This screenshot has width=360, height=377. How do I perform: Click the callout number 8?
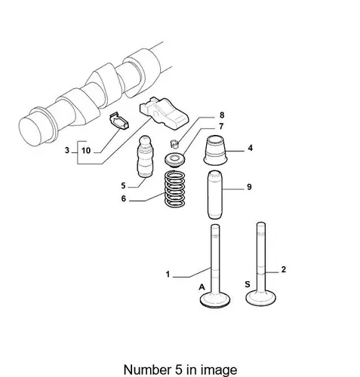click(x=221, y=115)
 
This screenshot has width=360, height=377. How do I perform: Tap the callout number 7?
click(x=221, y=127)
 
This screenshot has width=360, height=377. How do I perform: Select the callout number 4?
click(x=250, y=148)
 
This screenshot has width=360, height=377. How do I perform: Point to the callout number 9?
click(x=249, y=187)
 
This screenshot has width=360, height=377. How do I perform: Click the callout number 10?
click(x=86, y=151)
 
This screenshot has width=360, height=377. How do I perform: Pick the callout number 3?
click(x=67, y=150)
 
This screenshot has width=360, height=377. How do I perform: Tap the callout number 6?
click(x=123, y=199)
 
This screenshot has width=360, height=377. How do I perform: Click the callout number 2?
click(x=284, y=270)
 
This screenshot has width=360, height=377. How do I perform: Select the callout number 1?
click(x=168, y=274)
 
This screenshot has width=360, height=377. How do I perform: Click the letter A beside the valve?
click(x=202, y=287)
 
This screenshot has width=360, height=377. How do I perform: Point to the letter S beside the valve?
click(x=248, y=284)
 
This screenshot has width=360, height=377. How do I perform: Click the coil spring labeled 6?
click(x=174, y=188)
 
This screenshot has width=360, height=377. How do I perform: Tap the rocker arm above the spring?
click(x=164, y=114)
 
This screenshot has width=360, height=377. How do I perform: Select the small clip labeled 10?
click(x=119, y=121)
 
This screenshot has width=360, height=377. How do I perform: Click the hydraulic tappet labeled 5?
click(x=144, y=157)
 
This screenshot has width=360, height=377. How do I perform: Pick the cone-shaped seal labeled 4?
click(x=215, y=150)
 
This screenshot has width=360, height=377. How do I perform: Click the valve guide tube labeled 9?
click(x=214, y=195)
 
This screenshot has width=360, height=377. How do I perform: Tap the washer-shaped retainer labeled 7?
click(x=175, y=160)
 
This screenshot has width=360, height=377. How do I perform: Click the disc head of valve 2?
click(x=260, y=298)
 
